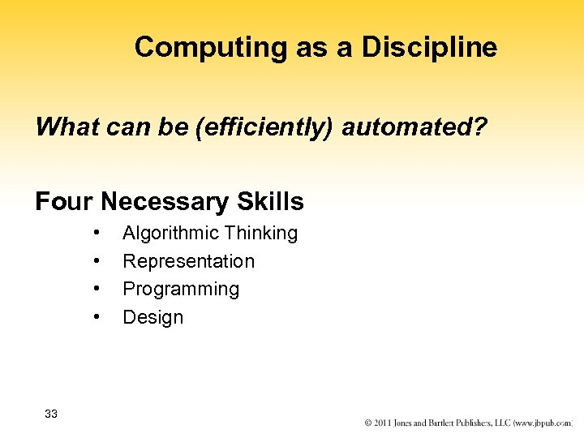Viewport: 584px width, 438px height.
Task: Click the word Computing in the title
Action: [x=210, y=48]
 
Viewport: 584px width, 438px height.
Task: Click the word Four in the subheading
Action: [x=64, y=201]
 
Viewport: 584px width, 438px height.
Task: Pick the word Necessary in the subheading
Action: [x=165, y=201]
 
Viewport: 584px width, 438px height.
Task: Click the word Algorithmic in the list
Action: [x=171, y=234]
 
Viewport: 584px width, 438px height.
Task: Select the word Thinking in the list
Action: [x=261, y=234]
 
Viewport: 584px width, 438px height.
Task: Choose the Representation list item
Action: [x=188, y=261]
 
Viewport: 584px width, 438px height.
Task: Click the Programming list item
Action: [x=181, y=290]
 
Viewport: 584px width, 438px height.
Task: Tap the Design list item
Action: [x=152, y=317]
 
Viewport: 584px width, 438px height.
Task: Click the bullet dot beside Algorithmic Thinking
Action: [x=97, y=233]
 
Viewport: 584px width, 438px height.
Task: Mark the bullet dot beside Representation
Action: [x=97, y=260]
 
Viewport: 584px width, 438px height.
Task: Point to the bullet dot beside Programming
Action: [x=97, y=289]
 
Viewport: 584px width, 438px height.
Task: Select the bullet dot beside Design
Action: [x=97, y=316]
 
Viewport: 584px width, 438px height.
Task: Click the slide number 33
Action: [x=51, y=414]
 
